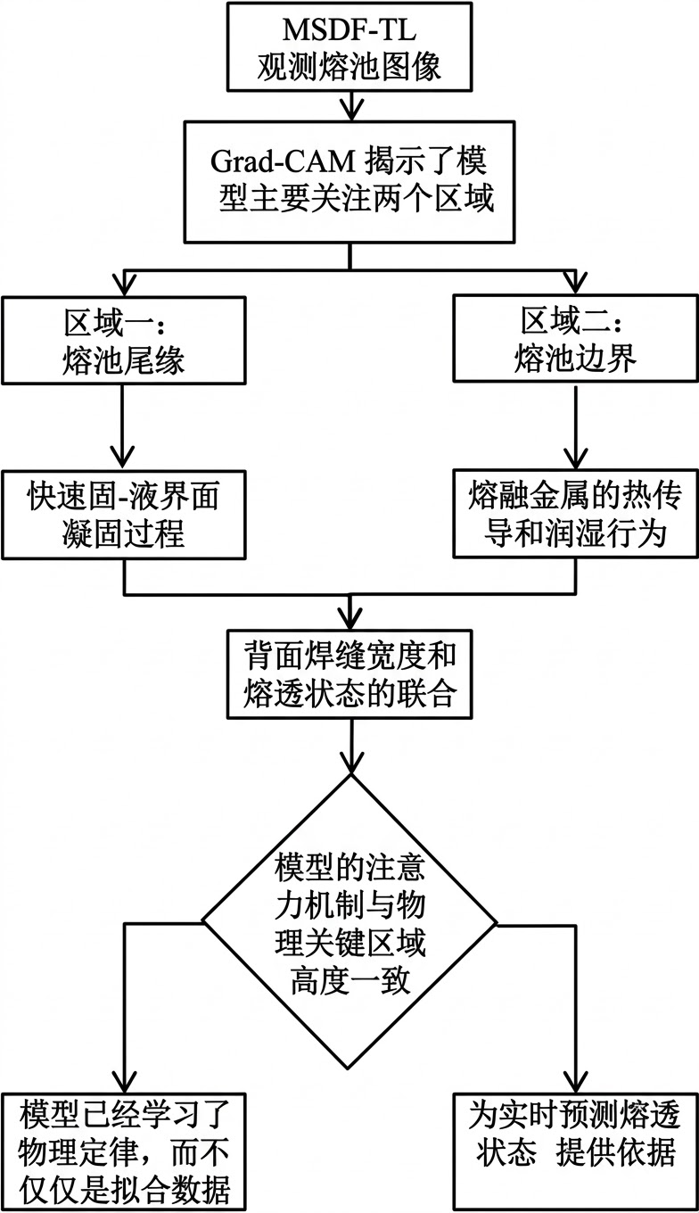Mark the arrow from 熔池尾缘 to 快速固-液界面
pyautogui.click(x=124, y=428)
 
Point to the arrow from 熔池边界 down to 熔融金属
pyautogui.click(x=574, y=428)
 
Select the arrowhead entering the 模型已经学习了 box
pyautogui.click(x=124, y=1080)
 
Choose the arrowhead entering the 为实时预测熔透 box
pyautogui.click(x=574, y=1080)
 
